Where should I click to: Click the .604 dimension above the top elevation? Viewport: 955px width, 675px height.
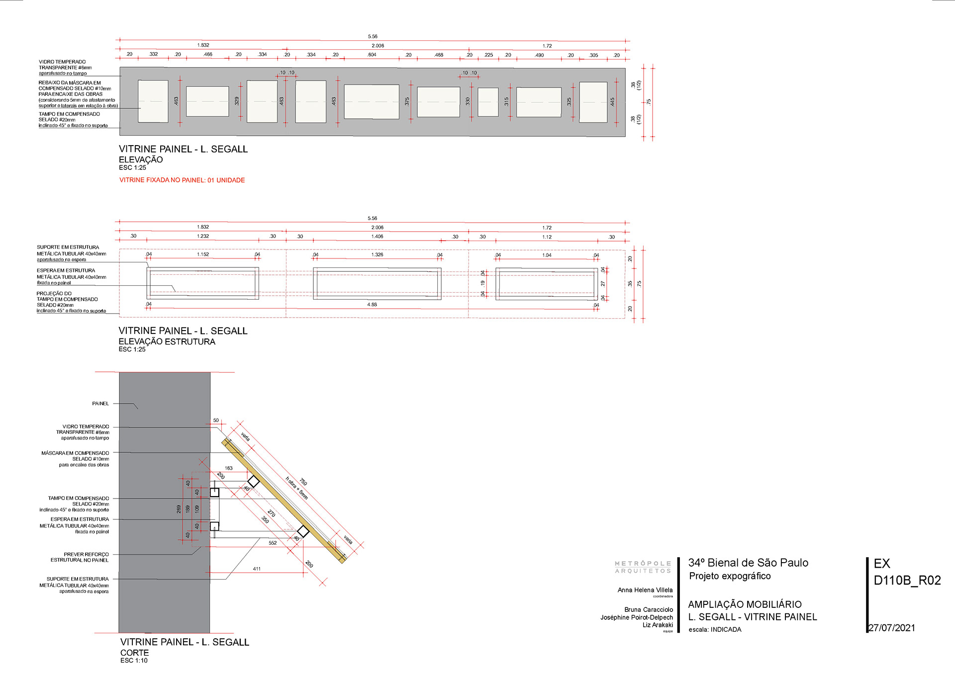pyautogui.click(x=372, y=55)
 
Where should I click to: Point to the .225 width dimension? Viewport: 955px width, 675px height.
pyautogui.click(x=488, y=55)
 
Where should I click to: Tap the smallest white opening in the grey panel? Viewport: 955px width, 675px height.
pyautogui.click(x=488, y=102)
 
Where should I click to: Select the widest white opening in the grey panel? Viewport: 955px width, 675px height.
pyautogui.click(x=371, y=102)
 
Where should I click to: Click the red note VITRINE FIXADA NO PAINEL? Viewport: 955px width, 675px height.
pyautogui.click(x=182, y=180)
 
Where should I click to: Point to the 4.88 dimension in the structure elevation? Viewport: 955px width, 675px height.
pyautogui.click(x=372, y=304)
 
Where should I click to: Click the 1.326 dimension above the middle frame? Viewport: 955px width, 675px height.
pyautogui.click(x=377, y=254)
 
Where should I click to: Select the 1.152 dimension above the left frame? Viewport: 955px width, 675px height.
pyautogui.click(x=203, y=254)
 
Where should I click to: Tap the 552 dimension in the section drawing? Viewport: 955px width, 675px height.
pyautogui.click(x=273, y=543)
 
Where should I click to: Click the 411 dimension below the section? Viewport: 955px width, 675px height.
pyautogui.click(x=257, y=569)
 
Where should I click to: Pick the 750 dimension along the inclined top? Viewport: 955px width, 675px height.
pyautogui.click(x=303, y=482)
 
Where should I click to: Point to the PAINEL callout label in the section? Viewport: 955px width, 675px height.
pyautogui.click(x=100, y=404)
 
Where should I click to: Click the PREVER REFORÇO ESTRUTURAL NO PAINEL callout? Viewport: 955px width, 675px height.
pyautogui.click(x=80, y=557)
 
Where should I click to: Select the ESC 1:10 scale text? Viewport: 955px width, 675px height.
pyautogui.click(x=134, y=661)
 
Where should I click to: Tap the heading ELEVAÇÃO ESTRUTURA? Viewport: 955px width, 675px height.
pyautogui.click(x=167, y=341)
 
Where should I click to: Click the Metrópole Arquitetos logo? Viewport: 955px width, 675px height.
pyautogui.click(x=643, y=567)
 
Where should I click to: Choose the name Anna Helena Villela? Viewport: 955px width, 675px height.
pyautogui.click(x=645, y=590)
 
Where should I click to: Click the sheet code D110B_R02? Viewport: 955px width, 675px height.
pyautogui.click(x=907, y=580)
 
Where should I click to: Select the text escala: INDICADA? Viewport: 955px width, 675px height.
pyautogui.click(x=715, y=629)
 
